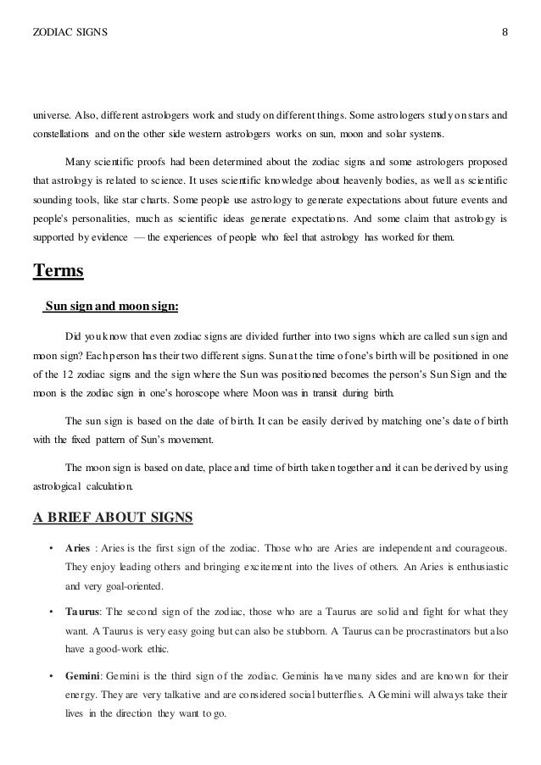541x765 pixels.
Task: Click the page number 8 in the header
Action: pyautogui.click(x=505, y=33)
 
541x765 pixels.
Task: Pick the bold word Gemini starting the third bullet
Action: pyautogui.click(x=83, y=676)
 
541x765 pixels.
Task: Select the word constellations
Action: pyautogui.click(x=59, y=136)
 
